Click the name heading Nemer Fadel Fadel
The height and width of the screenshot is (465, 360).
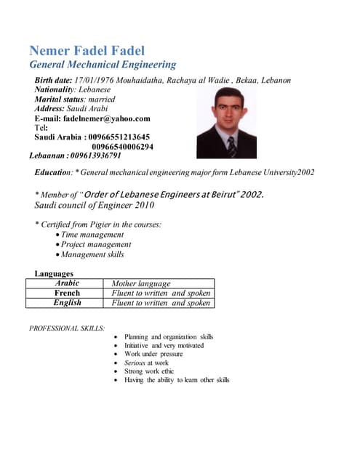pos(87,51)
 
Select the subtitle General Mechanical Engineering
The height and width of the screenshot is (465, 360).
pos(102,65)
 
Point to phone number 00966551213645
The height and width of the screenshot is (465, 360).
pos(119,137)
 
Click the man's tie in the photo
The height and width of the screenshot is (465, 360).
pos(231,146)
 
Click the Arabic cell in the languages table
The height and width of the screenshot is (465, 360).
pos(67,283)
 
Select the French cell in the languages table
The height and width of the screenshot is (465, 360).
pos(67,293)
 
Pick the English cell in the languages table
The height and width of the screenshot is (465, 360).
pos(67,302)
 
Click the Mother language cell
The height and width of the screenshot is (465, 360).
pos(141,283)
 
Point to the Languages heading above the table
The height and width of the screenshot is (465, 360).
pos(54,274)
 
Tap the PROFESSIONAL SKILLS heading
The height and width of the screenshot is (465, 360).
pos(67,328)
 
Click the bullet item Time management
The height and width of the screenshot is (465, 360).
pos(92,235)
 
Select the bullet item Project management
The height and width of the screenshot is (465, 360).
pos(96,245)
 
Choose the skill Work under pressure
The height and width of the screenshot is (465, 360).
pos(153,354)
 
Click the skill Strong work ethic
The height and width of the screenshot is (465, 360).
pos(149,371)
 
